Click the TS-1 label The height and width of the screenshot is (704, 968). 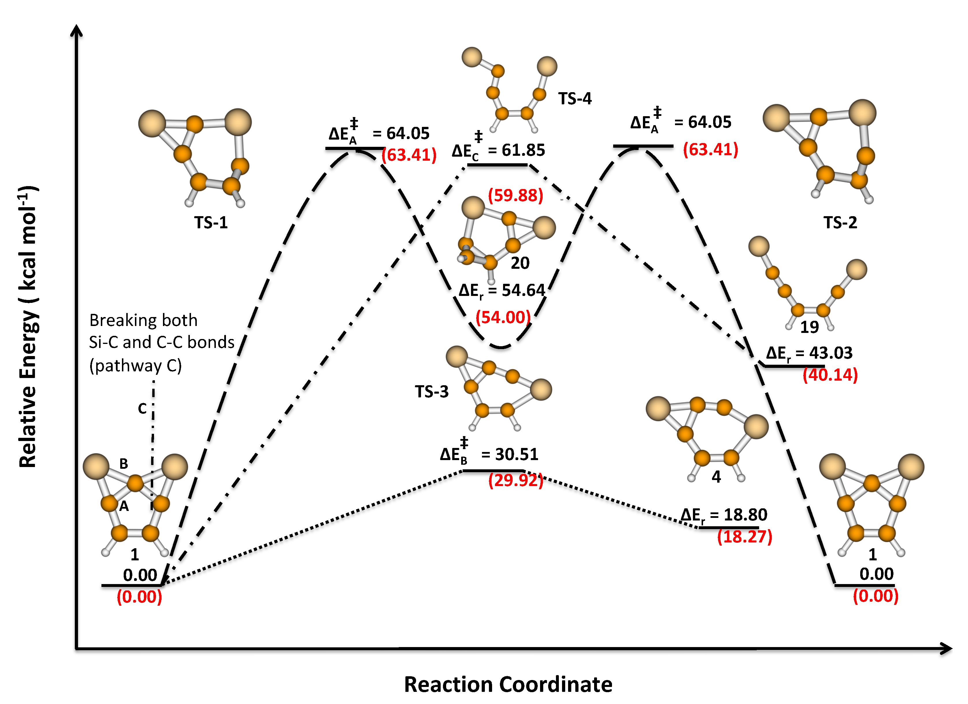click(x=211, y=223)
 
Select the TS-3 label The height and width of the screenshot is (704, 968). click(x=431, y=392)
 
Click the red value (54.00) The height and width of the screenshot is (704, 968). click(x=503, y=318)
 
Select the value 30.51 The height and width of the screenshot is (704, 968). click(x=516, y=454)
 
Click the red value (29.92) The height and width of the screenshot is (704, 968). click(x=515, y=480)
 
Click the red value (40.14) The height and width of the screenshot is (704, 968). click(x=830, y=375)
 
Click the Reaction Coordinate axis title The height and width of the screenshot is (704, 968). click(x=508, y=684)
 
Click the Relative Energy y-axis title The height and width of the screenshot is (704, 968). click(x=28, y=327)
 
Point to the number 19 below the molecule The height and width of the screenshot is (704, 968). click(x=809, y=327)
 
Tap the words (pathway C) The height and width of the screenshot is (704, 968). click(x=135, y=366)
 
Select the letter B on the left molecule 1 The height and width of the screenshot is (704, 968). click(x=123, y=464)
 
